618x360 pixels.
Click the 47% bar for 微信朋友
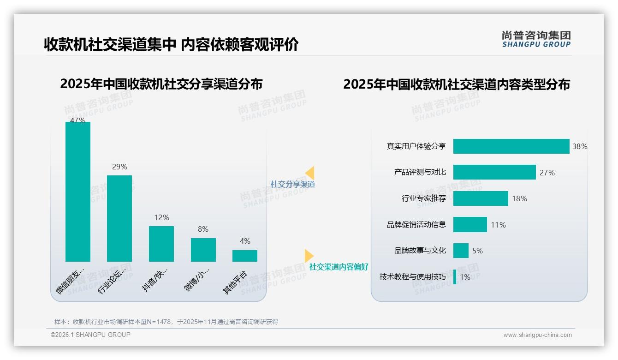tap(78, 192)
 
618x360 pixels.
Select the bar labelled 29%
tap(119, 218)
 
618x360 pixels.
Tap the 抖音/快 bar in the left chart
tap(161, 244)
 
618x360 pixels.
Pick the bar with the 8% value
tap(203, 250)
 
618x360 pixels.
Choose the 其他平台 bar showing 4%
tap(245, 256)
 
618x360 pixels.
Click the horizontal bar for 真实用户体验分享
tap(511, 146)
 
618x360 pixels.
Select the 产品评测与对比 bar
tap(494, 172)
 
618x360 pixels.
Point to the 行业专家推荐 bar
tap(481, 198)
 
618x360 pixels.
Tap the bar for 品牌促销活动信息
tap(470, 225)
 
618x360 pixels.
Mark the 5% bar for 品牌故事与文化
tap(461, 251)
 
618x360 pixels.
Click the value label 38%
tap(580, 147)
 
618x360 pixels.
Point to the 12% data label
tap(161, 217)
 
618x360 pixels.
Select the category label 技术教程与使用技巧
tap(413, 277)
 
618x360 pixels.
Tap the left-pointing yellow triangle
tap(310, 173)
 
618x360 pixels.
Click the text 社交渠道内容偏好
tap(339, 267)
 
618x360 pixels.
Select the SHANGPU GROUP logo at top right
tap(536, 39)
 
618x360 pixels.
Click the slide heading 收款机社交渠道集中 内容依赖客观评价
tap(171, 44)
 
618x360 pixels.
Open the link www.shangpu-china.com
tap(537, 335)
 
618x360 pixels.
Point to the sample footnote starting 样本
tap(166, 322)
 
